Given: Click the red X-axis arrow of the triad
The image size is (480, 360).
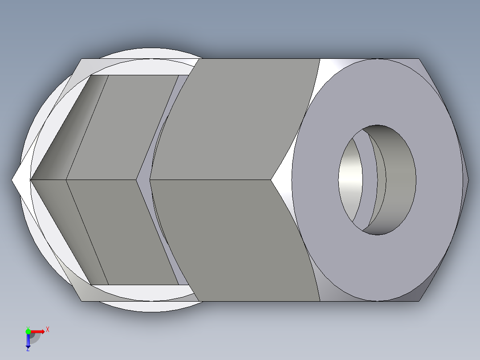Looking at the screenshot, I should tap(38, 331).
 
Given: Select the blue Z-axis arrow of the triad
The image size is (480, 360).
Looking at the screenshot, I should tap(28, 341).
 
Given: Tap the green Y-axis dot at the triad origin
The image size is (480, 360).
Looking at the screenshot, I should tap(28, 331).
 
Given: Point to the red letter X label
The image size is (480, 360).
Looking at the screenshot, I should tap(48, 329).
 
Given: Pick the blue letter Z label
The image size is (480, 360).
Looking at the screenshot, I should tap(28, 350).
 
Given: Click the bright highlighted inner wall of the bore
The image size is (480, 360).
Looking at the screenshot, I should tap(350, 180).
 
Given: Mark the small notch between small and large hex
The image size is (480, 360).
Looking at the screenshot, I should tap(143, 180).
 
